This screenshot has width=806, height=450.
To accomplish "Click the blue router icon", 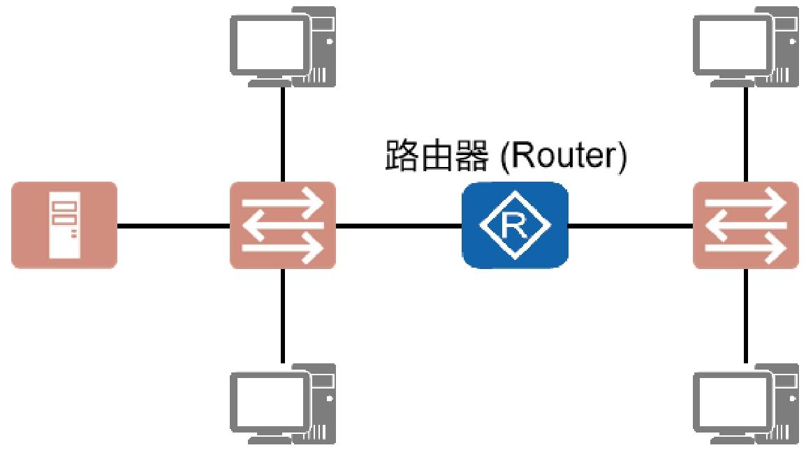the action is pos(515,225).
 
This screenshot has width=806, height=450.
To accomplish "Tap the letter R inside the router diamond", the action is pos(515,226).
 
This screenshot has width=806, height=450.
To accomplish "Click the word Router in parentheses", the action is pos(564,155).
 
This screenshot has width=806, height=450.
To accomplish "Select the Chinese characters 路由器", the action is pos(437,155).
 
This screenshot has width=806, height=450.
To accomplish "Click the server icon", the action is pos(64,225).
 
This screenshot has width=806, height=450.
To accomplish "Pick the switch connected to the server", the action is pos(283,225).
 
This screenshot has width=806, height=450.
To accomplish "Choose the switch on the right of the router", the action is pos(746,225).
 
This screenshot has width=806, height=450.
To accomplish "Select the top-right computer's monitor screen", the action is pos(731,44).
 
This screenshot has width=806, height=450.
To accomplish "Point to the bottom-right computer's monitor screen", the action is pos(731,402).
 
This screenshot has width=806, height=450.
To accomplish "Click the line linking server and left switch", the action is pos(174,226).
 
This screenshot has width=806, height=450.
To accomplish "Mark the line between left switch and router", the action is pos(399,226).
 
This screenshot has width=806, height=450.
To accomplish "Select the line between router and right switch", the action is pos(631,226).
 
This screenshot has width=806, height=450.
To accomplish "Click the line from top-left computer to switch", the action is pos(283,134).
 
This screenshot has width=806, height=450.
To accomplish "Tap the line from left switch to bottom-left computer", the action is pos(283,316).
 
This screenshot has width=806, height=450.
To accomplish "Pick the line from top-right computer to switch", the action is pos(746,134).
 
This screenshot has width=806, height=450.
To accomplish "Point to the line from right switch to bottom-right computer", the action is pos(746,316).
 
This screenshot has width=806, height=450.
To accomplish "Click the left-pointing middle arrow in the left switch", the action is pos(283,225).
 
